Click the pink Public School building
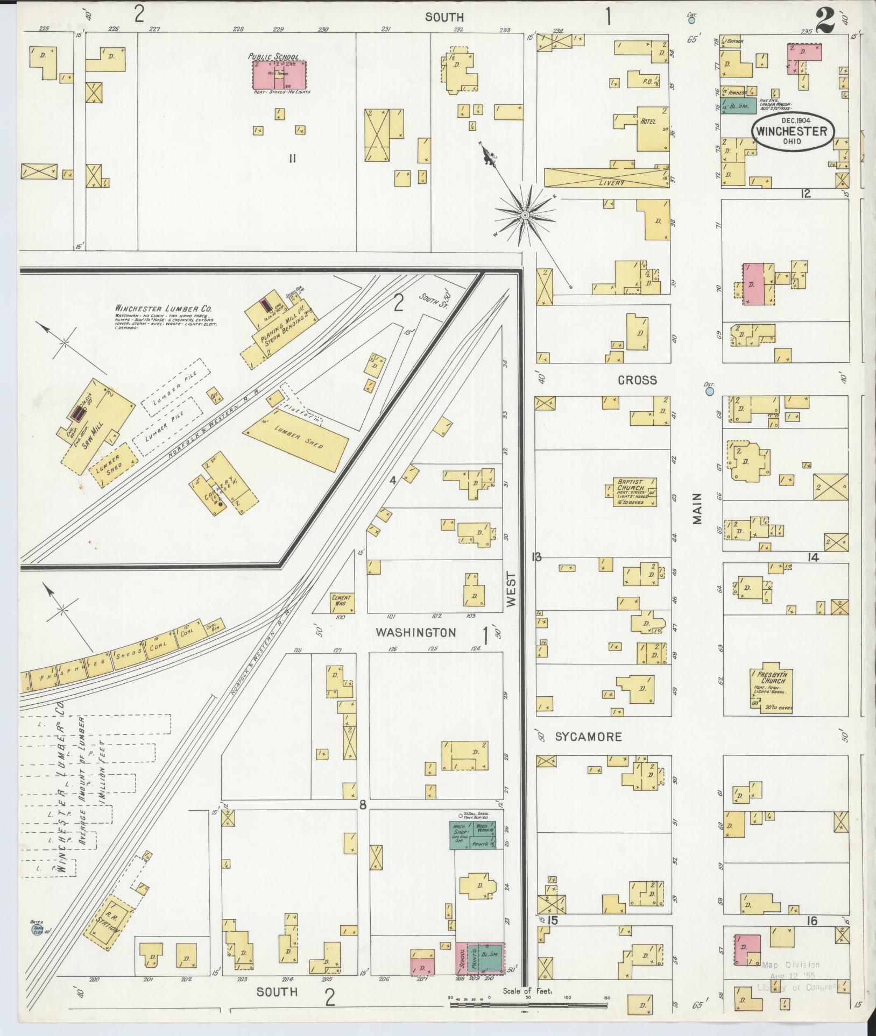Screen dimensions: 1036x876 pos(279,75)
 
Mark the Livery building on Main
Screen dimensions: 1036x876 pos(607,177)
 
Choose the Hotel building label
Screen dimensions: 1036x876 pos(648,122)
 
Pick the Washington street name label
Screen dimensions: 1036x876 pos(415,633)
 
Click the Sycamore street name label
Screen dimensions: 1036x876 pos(588,737)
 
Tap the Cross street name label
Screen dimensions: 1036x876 pos(637,380)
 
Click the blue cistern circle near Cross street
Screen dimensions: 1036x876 pos(709,392)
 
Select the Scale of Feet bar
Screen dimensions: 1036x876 pos(529,1003)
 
